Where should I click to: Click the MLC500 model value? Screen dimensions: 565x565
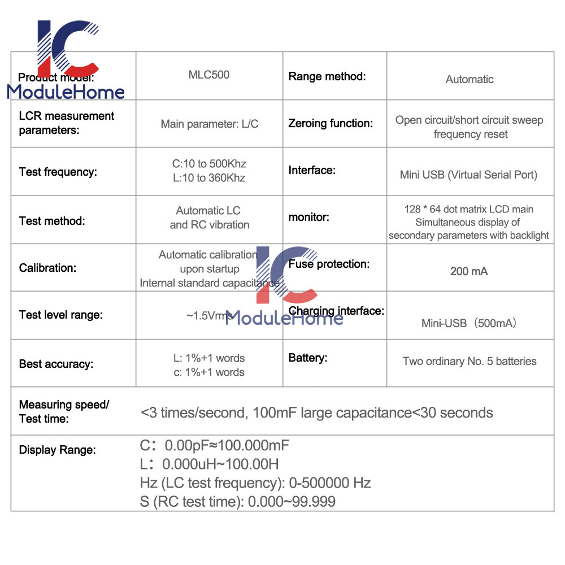coord(209,75)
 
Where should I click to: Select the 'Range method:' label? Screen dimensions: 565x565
coord(327,76)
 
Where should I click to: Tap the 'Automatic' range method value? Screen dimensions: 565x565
coord(470,80)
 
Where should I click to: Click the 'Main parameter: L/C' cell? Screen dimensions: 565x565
coord(210,124)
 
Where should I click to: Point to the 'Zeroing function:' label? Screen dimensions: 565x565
coord(331,123)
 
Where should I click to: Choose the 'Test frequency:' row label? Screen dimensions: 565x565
coord(58,172)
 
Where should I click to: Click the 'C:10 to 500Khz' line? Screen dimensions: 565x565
coord(209,164)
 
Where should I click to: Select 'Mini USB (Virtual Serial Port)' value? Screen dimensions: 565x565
coord(468,175)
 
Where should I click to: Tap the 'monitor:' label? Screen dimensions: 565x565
coord(308,217)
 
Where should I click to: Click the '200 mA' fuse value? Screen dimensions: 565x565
coord(469,271)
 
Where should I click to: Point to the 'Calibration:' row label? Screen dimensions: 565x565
coord(47,268)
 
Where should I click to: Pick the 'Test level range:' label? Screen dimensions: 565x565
coord(61,315)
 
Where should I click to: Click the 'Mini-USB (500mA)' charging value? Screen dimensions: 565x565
coord(469,324)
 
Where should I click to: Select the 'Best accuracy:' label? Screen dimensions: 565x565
coord(56,364)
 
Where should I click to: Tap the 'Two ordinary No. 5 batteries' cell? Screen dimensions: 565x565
coord(470,361)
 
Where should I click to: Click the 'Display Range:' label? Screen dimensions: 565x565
coord(58,450)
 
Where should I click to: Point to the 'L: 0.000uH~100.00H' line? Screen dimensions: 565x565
coord(209,464)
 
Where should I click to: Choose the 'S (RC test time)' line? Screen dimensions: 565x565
coord(237,501)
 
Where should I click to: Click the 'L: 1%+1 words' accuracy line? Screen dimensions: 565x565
coord(208,358)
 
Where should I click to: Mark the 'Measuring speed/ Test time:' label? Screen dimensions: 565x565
coord(64,411)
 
